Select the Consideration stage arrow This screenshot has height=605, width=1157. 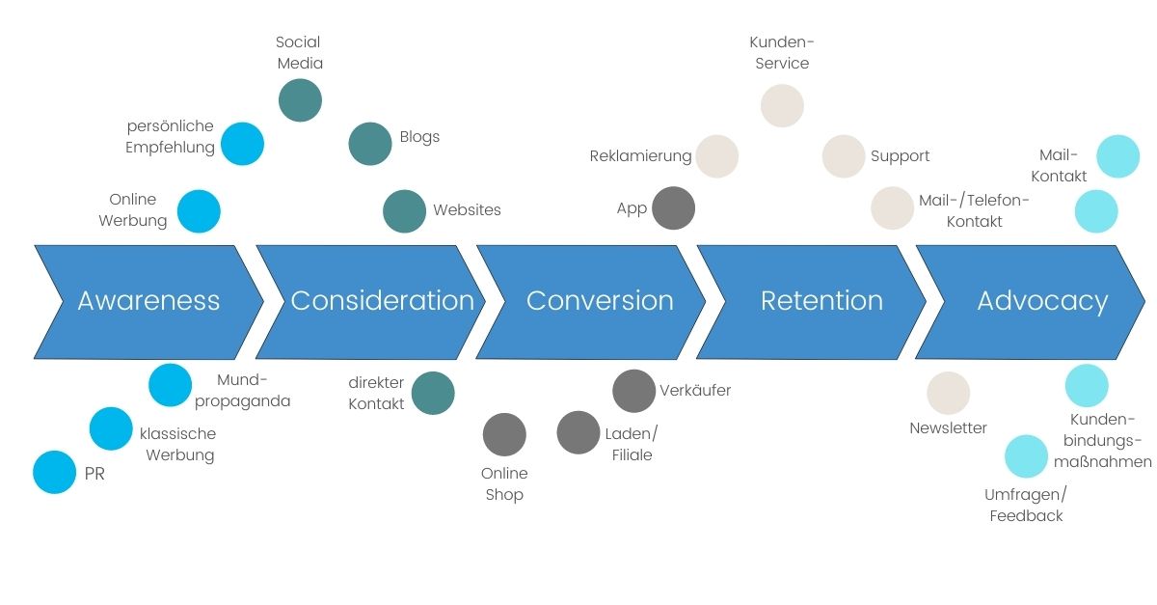coord(382,301)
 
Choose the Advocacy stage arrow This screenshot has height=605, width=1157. coord(1041,301)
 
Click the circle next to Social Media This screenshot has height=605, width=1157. coord(300,100)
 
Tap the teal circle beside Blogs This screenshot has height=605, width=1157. coord(370,144)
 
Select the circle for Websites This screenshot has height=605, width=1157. coord(404,211)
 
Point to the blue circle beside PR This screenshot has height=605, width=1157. coord(54,473)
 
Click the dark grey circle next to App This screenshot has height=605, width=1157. coord(673,208)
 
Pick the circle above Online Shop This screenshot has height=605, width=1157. coord(504,434)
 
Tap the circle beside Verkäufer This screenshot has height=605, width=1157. coord(633,391)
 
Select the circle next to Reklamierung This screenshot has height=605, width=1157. coord(717,156)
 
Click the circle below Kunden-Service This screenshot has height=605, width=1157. coord(782,105)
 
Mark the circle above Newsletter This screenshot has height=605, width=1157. coord(948,393)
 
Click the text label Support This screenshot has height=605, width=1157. coord(900,156)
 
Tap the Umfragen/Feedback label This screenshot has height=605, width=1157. coord(1026,506)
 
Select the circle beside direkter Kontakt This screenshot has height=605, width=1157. coord(433,393)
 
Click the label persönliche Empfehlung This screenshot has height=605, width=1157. coord(170,137)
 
